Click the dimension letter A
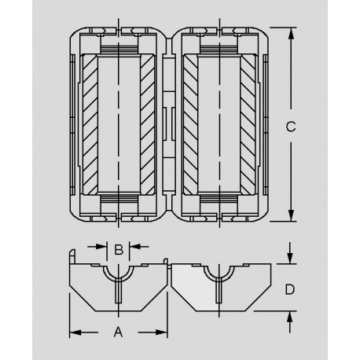(x=118, y=332)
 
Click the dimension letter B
(x=119, y=250)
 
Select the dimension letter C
(x=291, y=127)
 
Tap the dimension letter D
(x=290, y=289)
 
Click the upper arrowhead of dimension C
(x=291, y=33)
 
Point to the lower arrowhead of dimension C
(x=291, y=215)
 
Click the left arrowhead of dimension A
(x=75, y=332)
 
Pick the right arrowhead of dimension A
(x=161, y=332)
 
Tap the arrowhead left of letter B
(x=101, y=247)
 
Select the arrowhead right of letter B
(x=134, y=247)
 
